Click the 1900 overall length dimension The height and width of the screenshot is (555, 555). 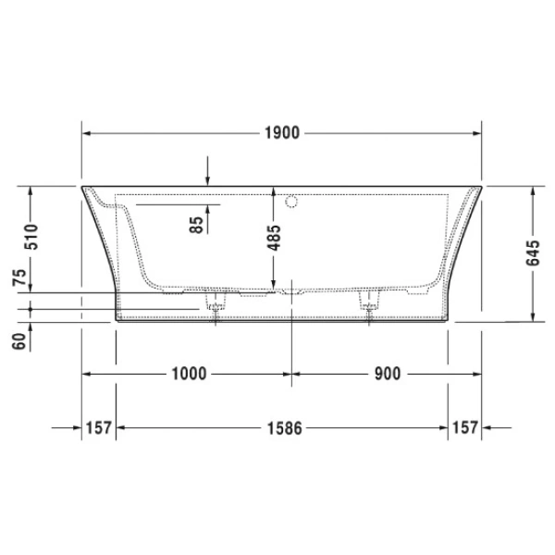tap(282, 133)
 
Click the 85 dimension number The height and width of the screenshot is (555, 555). tap(195, 225)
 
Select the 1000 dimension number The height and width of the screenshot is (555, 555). tap(189, 374)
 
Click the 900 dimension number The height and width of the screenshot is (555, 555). tap(388, 374)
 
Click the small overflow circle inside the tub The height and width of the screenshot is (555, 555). tap(292, 199)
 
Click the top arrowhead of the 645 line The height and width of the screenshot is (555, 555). tap(534, 191)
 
